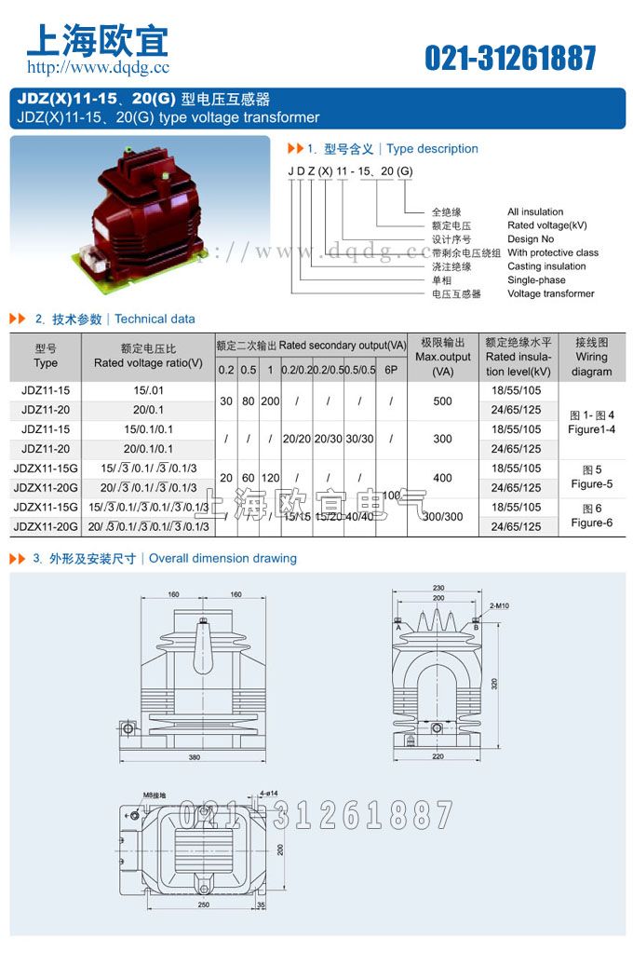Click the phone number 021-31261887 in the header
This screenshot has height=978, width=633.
[510, 58]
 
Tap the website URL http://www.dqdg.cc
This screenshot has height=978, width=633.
[98, 67]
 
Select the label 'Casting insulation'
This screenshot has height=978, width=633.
[546, 266]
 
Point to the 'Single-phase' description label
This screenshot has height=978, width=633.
[536, 280]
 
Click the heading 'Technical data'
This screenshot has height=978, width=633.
[155, 319]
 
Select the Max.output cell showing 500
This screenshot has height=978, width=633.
[442, 401]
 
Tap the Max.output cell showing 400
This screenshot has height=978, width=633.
[442, 478]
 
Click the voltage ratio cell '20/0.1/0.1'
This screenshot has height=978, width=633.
[149, 449]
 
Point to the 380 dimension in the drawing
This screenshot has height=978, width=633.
[194, 757]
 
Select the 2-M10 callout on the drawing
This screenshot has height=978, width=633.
[500, 606]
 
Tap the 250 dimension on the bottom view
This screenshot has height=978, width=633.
[203, 904]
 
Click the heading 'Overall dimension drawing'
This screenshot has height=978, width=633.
[222, 559]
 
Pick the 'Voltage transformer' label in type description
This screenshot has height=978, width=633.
[551, 293]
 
